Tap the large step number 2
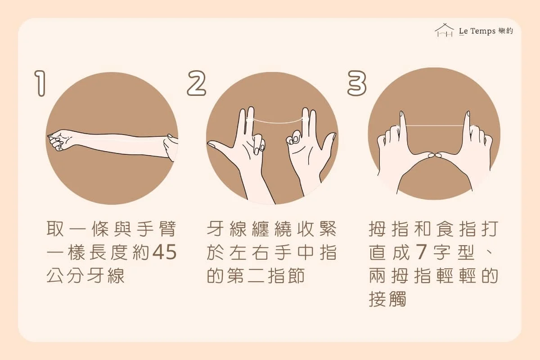(197, 83)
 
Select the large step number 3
(357, 83)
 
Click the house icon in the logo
(444, 31)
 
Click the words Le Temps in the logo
(477, 31)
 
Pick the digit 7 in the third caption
(420, 252)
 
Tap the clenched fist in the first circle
(58, 140)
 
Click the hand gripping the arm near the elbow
(171, 148)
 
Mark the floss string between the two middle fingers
(279, 121)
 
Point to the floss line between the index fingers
(434, 126)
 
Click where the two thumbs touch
(435, 155)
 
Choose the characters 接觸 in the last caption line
(387, 299)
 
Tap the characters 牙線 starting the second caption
(226, 229)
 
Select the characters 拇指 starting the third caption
(389, 229)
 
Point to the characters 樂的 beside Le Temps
(506, 31)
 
